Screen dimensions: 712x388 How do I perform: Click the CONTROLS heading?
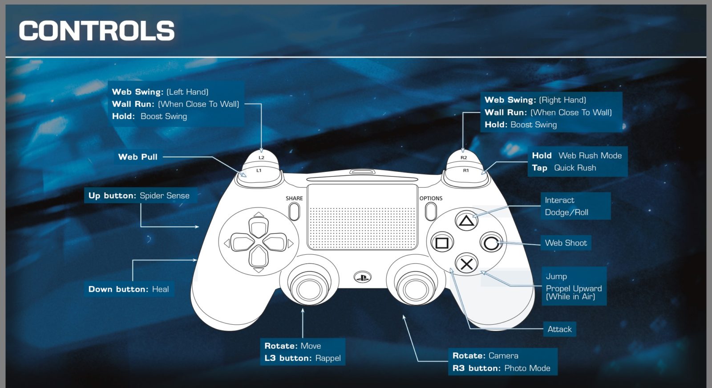click(x=97, y=31)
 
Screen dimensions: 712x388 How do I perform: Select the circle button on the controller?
click(x=491, y=243)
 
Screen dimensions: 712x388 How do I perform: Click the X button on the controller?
click(x=466, y=264)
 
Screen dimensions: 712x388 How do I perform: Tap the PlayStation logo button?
click(x=362, y=277)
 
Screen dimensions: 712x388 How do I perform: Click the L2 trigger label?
click(x=261, y=158)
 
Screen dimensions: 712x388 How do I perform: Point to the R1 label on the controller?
click(x=465, y=171)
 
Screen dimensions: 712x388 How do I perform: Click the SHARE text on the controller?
click(x=294, y=198)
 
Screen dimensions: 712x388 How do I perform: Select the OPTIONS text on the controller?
click(x=431, y=198)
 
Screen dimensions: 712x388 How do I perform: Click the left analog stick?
click(x=309, y=288)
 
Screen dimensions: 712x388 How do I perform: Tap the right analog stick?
click(x=416, y=288)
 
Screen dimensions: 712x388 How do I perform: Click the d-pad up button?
click(x=259, y=227)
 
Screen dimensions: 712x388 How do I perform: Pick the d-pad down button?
click(x=259, y=257)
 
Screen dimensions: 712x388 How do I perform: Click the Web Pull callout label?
click(x=138, y=157)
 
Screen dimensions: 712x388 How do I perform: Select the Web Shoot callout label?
click(x=566, y=243)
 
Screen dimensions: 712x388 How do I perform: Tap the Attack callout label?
click(x=559, y=329)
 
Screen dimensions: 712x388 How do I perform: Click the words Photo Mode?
click(x=527, y=368)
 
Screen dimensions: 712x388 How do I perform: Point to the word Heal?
click(x=161, y=289)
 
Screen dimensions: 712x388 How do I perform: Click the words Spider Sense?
click(x=165, y=196)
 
